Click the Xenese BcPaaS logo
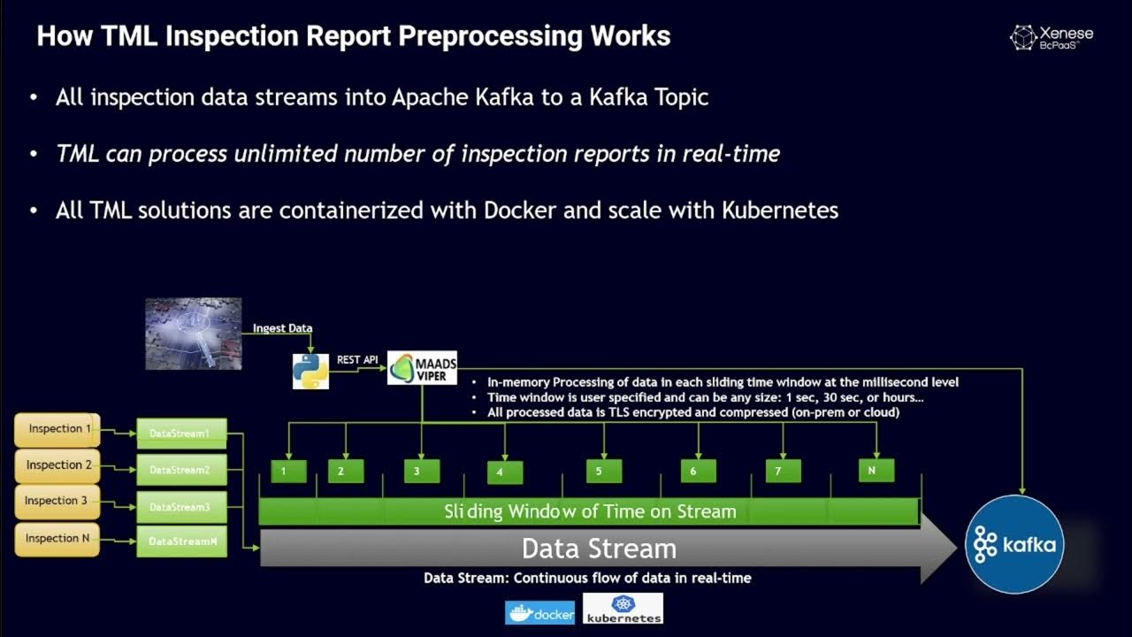coord(1052,37)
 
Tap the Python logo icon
coord(310,371)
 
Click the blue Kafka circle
coord(1014,544)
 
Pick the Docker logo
coord(539,612)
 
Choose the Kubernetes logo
coord(623,609)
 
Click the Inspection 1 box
coord(57,429)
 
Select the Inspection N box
coord(57,538)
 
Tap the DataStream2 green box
coord(181,470)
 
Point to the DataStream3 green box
coord(181,507)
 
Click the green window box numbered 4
coord(504,472)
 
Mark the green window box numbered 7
coord(783,471)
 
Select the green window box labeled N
coord(876,470)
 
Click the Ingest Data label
coord(282,328)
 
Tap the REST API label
coord(357,360)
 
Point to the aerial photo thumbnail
coord(193,333)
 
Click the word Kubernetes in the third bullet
coord(780,211)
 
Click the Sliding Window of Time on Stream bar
coord(589,511)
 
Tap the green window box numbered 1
coord(288,472)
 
